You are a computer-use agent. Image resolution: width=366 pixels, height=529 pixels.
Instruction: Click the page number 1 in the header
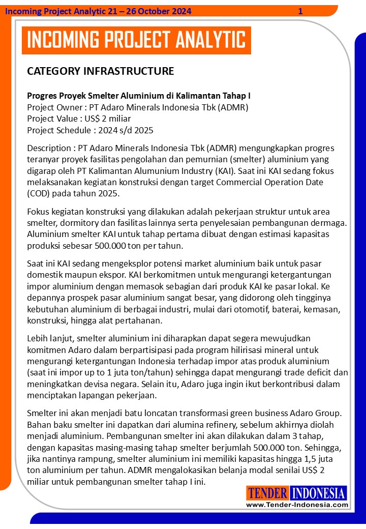coord(300,11)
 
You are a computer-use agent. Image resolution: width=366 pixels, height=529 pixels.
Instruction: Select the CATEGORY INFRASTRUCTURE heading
coord(100,71)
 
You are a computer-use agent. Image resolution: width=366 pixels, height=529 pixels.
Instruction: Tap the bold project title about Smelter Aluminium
coord(139,95)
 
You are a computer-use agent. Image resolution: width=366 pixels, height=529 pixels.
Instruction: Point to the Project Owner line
coord(137,107)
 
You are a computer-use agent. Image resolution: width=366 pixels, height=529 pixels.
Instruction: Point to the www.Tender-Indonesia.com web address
coord(297,505)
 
